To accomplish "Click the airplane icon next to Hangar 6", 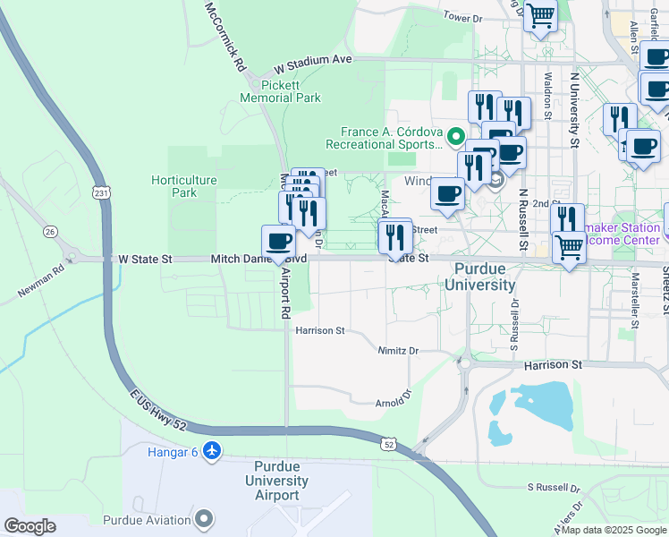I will (x=211, y=450).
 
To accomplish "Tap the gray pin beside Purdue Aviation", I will (x=205, y=519).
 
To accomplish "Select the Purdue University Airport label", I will (x=281, y=481).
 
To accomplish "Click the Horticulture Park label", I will (x=183, y=186).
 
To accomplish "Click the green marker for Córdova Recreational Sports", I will (x=455, y=137).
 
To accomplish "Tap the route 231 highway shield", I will (x=104, y=192).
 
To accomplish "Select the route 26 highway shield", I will (x=51, y=232).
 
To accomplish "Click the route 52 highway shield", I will (x=387, y=444).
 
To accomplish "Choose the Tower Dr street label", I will (x=462, y=17).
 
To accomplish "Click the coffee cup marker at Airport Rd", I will (x=278, y=242).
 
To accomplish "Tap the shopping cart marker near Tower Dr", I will (x=539, y=15).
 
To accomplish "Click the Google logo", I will (x=30, y=526).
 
